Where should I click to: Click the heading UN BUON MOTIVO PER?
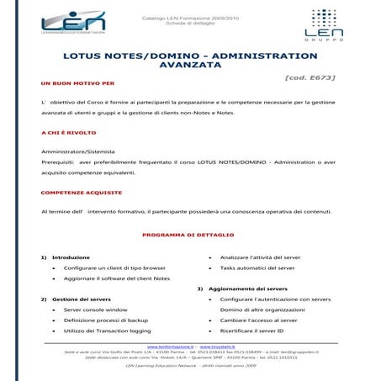pos(77,84)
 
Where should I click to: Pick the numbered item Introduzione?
pos(71,257)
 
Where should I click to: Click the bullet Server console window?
pos(95,310)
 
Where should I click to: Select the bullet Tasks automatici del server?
pos(257,267)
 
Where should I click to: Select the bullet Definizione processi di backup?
pos(105,320)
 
